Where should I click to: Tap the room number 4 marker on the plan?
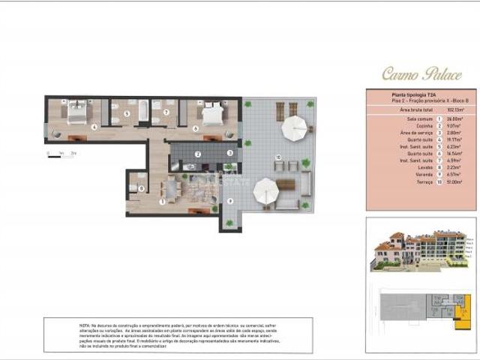[94, 127]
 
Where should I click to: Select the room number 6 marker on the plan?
[196, 128]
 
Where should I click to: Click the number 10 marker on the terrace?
[278, 157]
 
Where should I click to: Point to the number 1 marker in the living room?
[163, 201]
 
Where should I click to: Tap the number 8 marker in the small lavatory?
[141, 188]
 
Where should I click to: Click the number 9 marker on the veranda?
[230, 200]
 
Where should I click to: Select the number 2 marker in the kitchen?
[197, 154]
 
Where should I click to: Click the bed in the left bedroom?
[77, 113]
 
